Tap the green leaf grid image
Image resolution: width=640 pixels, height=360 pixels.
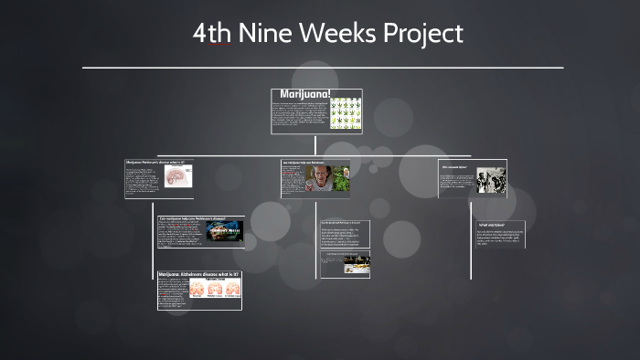tap(345, 113)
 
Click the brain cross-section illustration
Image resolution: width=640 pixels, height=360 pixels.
tap(178, 180)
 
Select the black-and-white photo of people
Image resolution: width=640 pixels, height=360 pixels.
tap(491, 179)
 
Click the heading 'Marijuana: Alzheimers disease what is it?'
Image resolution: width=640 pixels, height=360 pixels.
tap(198, 274)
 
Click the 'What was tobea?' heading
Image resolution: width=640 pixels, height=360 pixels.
tap(491, 225)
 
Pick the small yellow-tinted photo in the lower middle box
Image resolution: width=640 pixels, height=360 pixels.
tap(357, 265)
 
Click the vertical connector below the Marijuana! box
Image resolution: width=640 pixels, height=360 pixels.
tap(315, 144)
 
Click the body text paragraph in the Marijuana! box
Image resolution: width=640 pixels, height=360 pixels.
tap(298, 115)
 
